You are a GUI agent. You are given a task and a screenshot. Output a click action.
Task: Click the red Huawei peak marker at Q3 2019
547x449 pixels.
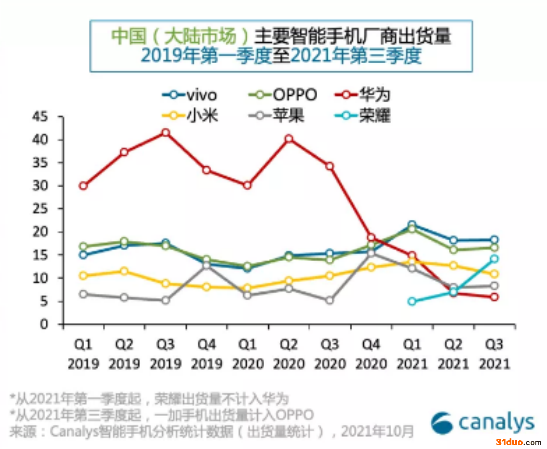pos(166,133)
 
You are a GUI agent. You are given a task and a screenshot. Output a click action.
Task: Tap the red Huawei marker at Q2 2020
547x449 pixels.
pos(289,138)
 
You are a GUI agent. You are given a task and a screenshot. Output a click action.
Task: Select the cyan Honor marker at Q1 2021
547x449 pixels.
pos(412,301)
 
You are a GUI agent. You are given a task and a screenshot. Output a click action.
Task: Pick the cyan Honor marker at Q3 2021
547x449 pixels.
pos(494,259)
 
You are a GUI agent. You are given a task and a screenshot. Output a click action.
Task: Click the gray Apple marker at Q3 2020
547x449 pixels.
pos(330,300)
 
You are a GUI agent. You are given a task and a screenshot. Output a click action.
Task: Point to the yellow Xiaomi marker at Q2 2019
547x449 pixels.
pos(124,271)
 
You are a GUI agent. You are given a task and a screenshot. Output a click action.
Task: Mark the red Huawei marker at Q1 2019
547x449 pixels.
pos(83,186)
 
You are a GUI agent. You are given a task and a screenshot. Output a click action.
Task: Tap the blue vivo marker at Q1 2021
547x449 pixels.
pos(412,224)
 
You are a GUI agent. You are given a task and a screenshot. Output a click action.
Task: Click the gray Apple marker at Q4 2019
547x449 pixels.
pos(207,265)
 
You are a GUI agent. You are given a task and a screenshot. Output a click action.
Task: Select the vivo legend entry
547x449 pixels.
pos(190,95)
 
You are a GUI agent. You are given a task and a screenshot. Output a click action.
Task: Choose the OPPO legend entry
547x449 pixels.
pos(283,95)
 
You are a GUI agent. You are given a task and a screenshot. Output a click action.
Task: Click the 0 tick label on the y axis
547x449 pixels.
pos(44,324)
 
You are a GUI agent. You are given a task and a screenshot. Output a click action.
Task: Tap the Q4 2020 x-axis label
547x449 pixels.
pos(371,354)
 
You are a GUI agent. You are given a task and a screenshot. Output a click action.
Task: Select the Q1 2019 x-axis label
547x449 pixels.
pos(83,354)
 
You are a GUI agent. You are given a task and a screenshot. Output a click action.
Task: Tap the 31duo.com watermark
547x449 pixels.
pos(518,442)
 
